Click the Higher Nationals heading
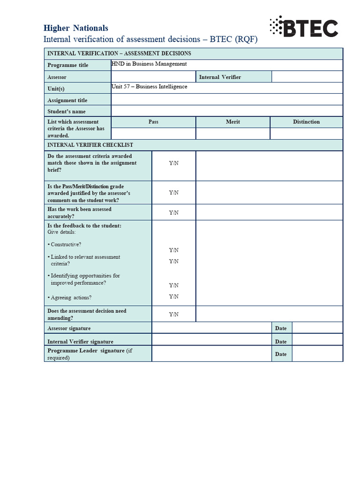75,28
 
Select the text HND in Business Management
149,64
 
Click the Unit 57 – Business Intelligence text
149,87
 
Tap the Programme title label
67,65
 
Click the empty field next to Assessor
153,76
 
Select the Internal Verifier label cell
233,77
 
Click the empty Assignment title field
226,99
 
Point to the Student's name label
67,112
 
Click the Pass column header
153,122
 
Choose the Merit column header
233,122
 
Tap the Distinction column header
307,122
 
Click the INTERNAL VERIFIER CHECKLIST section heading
90,145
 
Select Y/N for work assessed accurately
174,213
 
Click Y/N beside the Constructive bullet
174,250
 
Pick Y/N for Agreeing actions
174,296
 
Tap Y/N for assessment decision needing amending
174,315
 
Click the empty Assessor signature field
211,328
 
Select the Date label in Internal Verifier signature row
281,342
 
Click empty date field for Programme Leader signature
317,354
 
